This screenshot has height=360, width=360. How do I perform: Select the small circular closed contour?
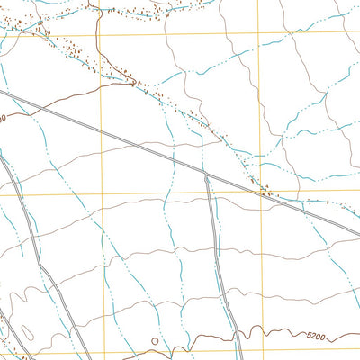click(154, 342)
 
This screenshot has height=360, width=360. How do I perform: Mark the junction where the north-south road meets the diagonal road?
click(206, 175)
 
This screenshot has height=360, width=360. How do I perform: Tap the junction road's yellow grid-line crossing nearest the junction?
click(209, 193)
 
